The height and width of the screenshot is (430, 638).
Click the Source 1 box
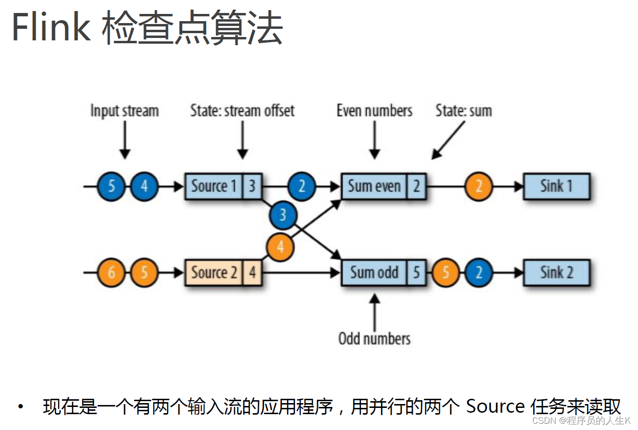pyautogui.click(x=214, y=186)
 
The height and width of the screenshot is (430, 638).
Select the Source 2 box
pyautogui.click(x=214, y=273)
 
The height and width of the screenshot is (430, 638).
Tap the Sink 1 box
pyautogui.click(x=556, y=186)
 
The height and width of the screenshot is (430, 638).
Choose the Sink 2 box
pyautogui.click(x=556, y=273)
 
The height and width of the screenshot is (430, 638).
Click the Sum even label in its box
pyautogui.click(x=374, y=186)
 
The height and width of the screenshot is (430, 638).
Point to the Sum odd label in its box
pyautogui.click(x=374, y=273)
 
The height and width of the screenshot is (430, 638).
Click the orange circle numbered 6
pyautogui.click(x=112, y=273)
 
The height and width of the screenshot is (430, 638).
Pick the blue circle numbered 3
pyautogui.click(x=283, y=215)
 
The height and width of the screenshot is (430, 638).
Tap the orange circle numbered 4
pyautogui.click(x=281, y=247)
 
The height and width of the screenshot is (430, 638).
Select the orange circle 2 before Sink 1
pyautogui.click(x=479, y=186)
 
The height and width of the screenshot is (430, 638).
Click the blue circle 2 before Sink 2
pyautogui.click(x=479, y=273)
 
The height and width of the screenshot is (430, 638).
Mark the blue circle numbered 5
pyautogui.click(x=112, y=186)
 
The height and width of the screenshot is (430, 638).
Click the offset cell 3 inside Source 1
pyautogui.click(x=252, y=186)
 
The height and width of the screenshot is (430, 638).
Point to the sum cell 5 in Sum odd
pyautogui.click(x=417, y=273)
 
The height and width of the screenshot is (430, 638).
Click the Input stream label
pyautogui.click(x=125, y=111)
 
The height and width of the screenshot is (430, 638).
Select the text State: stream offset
pyautogui.click(x=242, y=111)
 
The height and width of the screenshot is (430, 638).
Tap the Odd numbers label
pyautogui.click(x=374, y=339)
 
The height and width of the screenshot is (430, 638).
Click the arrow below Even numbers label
pyautogui.click(x=374, y=139)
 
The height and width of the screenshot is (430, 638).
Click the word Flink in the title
pyautogui.click(x=51, y=28)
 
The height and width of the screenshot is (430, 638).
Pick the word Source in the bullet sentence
pyautogui.click(x=495, y=407)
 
